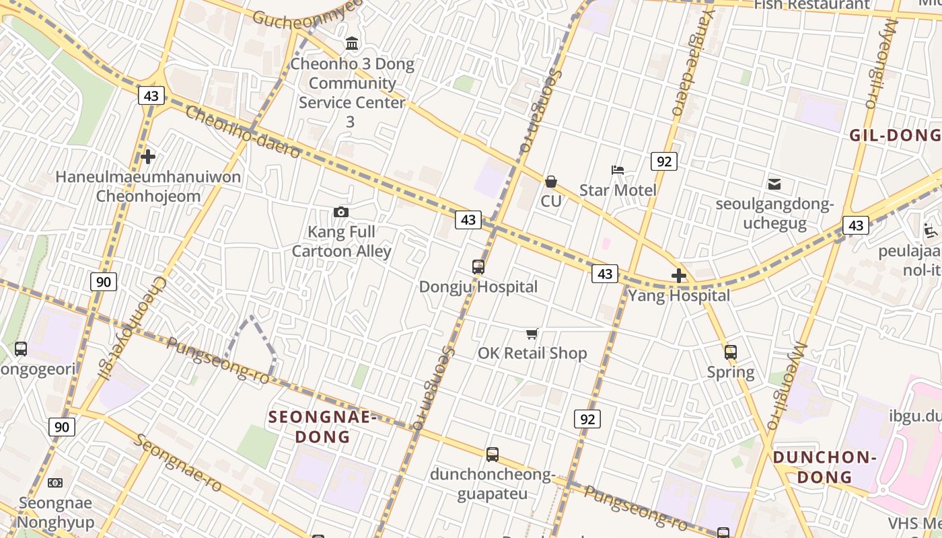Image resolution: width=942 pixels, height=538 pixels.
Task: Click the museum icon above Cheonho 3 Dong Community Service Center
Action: (352, 44)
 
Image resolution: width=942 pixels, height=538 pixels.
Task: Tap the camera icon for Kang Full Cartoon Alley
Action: (341, 213)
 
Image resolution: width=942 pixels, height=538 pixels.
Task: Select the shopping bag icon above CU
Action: (551, 182)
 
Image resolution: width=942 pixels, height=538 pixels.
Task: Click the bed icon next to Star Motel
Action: (618, 170)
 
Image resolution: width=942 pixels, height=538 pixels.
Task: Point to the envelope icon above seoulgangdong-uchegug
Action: (774, 184)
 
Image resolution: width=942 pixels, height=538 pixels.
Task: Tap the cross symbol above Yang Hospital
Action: (679, 276)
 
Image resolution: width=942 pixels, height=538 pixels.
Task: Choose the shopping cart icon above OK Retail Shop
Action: (532, 334)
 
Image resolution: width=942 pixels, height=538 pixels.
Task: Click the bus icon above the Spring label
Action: (731, 352)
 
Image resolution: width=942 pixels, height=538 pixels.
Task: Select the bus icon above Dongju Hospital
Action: (478, 267)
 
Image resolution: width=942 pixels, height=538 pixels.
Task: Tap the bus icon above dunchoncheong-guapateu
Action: (493, 455)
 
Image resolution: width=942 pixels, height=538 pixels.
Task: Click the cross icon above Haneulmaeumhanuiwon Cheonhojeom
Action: (148, 157)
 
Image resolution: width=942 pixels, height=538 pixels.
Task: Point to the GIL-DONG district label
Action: (895, 135)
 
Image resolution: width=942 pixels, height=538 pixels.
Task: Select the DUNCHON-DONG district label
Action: (824, 467)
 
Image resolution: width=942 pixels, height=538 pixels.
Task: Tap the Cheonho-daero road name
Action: (242, 132)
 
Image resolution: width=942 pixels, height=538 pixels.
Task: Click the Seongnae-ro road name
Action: (178, 463)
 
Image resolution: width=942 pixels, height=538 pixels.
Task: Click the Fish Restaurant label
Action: (811, 5)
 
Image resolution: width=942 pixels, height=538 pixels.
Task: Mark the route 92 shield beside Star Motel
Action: (663, 161)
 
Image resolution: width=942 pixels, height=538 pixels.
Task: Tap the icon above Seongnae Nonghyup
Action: (55, 483)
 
